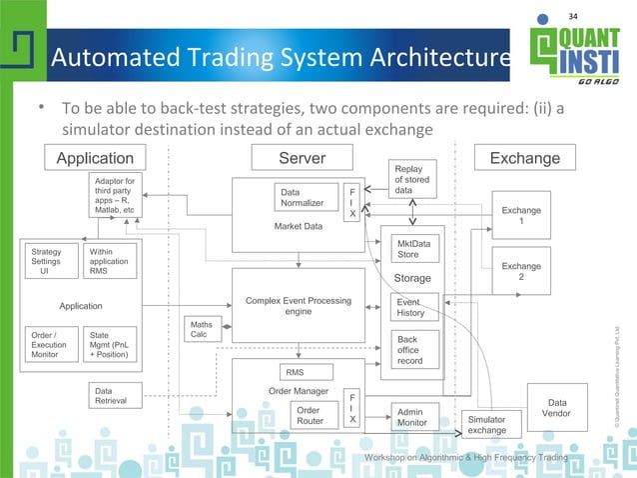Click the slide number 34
573,15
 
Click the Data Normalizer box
304,197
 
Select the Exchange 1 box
520,216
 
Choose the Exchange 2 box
520,272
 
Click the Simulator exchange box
486,424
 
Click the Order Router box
310,415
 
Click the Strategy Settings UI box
47,261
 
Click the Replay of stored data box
412,179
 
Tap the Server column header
302,157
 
